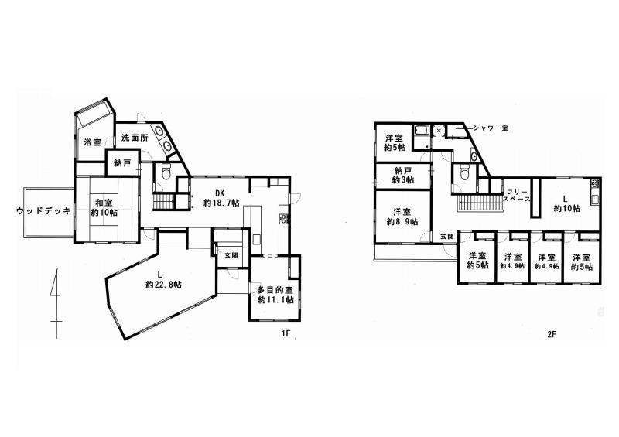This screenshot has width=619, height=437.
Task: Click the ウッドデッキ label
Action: pyautogui.click(x=44, y=211)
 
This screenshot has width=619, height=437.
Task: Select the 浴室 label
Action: pyautogui.click(x=93, y=142)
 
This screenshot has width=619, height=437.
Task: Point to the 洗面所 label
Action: pyautogui.click(x=135, y=138)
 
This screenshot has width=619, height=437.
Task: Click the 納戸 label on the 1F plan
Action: pyautogui.click(x=123, y=162)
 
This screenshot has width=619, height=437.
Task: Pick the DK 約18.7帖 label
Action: pyautogui.click(x=221, y=198)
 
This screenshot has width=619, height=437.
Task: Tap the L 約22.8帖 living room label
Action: pyautogui.click(x=163, y=279)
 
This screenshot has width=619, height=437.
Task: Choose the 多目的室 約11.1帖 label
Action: pyautogui.click(x=275, y=295)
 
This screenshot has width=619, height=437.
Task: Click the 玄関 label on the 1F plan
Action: pyautogui.click(x=231, y=255)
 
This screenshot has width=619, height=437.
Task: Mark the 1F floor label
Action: pyautogui.click(x=286, y=333)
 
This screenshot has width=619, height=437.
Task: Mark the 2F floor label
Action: pyautogui.click(x=552, y=334)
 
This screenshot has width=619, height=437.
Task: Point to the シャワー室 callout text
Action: pyautogui.click(x=491, y=128)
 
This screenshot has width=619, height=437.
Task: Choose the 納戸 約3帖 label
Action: pyautogui.click(x=402, y=176)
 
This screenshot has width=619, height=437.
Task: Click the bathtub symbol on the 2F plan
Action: pyautogui.click(x=422, y=131)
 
